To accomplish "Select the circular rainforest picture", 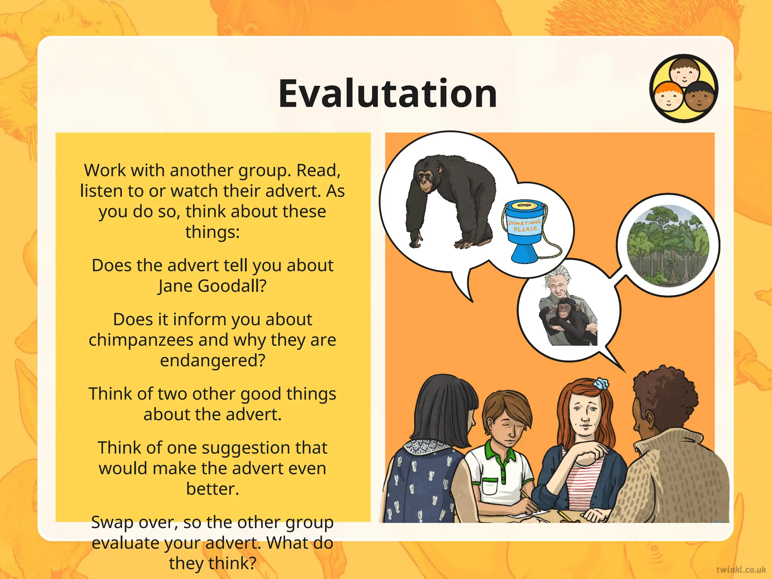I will (x=668, y=245).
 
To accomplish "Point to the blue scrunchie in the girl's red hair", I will (x=601, y=384).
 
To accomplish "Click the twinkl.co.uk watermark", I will (x=741, y=569).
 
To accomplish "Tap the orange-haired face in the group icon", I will (x=668, y=96).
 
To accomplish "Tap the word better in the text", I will (x=212, y=489).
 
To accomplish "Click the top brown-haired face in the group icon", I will (x=684, y=71).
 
